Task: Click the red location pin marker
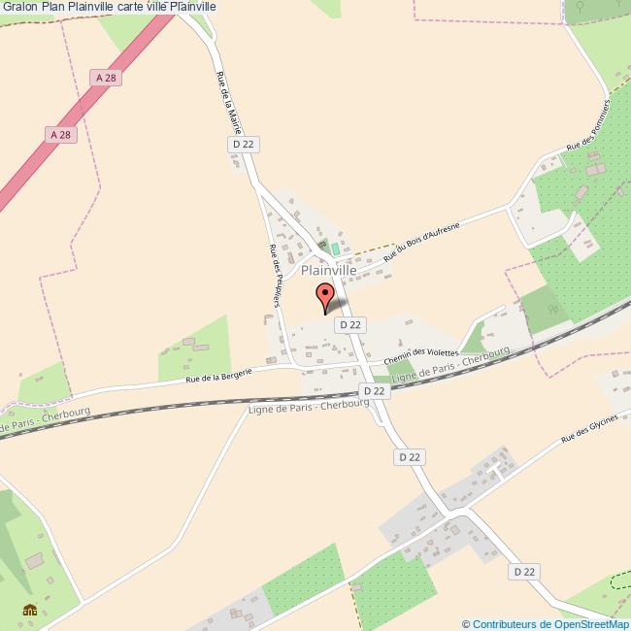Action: click(325, 295)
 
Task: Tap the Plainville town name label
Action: click(328, 271)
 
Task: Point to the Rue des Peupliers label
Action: click(275, 274)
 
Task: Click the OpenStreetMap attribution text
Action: click(545, 623)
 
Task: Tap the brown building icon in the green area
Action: click(30, 611)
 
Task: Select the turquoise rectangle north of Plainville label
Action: click(336, 249)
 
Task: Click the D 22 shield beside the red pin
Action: click(349, 325)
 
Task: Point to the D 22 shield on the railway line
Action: click(374, 390)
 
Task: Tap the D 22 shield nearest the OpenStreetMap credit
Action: click(524, 573)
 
